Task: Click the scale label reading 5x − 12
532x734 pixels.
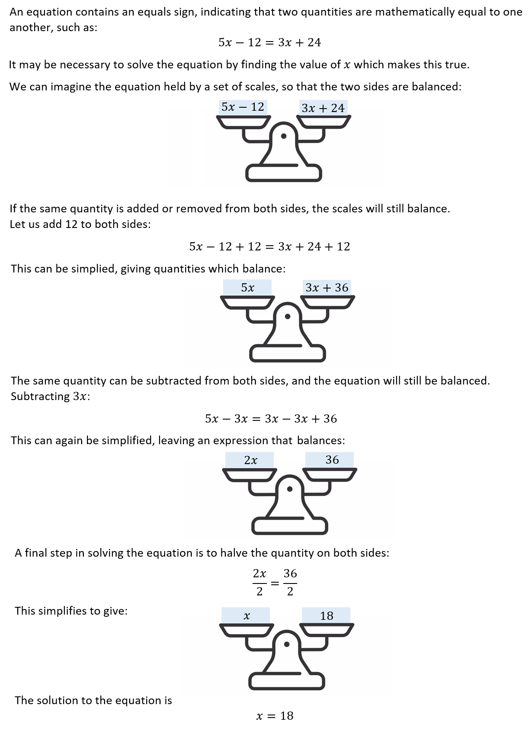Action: click(243, 107)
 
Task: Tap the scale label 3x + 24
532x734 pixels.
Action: click(323, 108)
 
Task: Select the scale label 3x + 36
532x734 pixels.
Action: click(327, 288)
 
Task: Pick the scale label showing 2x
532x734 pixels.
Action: click(250, 460)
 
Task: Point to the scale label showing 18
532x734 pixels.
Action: click(327, 615)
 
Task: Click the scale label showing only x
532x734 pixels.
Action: click(247, 615)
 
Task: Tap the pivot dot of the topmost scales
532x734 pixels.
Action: click(284, 136)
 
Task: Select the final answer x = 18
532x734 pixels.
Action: click(275, 716)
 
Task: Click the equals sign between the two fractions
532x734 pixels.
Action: click(275, 583)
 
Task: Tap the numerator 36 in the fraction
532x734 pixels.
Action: click(290, 574)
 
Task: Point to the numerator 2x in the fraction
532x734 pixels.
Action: click(260, 574)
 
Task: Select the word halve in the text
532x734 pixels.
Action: click(234, 553)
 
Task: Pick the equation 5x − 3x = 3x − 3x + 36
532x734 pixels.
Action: click(271, 419)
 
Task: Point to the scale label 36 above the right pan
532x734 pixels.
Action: click(332, 460)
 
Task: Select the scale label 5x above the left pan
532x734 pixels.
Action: click(247, 288)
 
